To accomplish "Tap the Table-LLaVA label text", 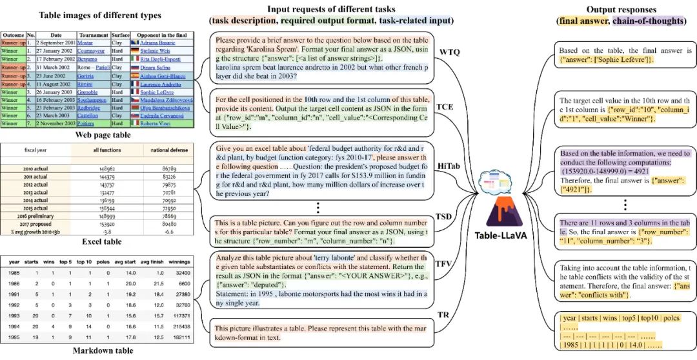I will (501, 235).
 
